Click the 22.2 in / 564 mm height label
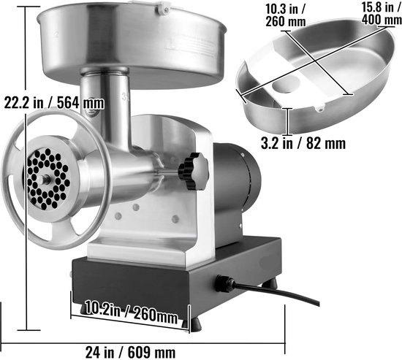54,103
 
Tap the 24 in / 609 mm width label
131,352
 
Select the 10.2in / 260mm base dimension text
132,312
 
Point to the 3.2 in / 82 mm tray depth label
303,143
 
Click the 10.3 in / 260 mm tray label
286,15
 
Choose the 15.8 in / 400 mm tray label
382,13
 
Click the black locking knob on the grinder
194,171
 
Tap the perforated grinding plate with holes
48,179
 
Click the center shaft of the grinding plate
46,179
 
